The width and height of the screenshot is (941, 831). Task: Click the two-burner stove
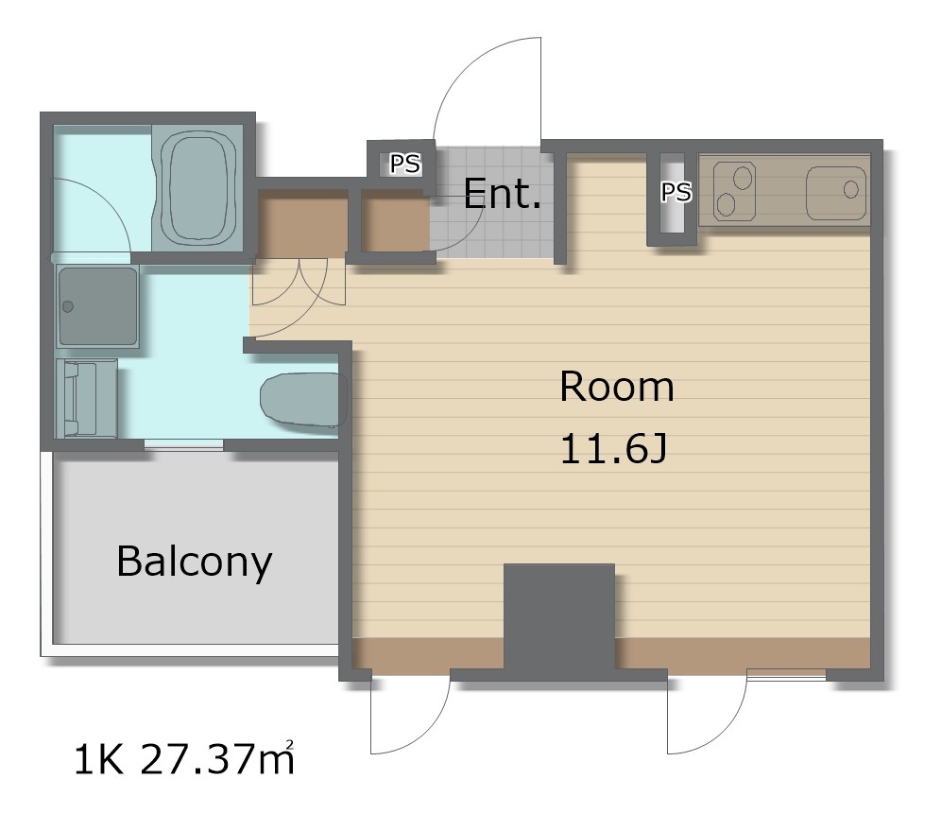click(734, 190)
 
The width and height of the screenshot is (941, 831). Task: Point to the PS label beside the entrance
click(405, 164)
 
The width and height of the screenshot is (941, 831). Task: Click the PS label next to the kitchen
click(676, 192)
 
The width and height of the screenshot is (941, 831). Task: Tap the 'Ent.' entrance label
click(502, 194)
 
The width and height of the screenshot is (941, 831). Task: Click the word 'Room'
click(616, 387)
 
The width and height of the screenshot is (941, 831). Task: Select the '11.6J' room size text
click(613, 450)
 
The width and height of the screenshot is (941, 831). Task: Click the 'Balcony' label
click(195, 562)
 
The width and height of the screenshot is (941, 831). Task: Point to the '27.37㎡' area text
click(217, 759)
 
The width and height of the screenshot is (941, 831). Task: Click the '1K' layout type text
click(99, 759)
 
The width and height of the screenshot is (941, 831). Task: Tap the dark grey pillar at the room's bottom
click(558, 617)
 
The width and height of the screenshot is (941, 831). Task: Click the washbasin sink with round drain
click(98, 307)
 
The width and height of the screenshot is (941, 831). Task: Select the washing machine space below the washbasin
click(86, 398)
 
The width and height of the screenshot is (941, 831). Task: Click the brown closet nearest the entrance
click(395, 220)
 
